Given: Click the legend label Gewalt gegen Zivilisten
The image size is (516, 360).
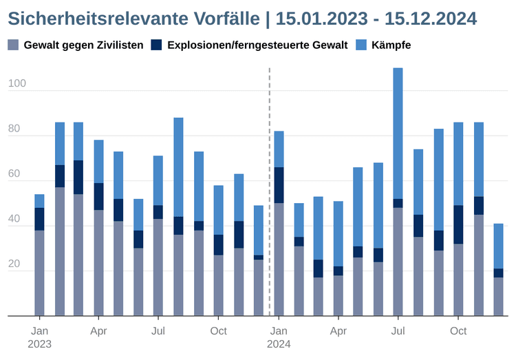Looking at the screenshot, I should click(83, 45).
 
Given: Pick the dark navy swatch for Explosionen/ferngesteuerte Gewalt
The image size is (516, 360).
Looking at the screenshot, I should click(156, 45).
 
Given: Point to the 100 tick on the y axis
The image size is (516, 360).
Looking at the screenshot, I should click(17, 84).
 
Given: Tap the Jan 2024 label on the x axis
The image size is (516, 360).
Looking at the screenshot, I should click(279, 337).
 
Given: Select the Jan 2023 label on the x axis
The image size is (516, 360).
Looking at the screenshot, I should click(39, 337).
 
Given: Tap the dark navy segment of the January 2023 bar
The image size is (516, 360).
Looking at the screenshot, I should click(39, 219).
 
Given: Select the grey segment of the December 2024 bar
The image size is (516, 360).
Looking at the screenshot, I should click(498, 297).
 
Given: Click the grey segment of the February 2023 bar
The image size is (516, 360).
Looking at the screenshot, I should click(60, 251).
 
